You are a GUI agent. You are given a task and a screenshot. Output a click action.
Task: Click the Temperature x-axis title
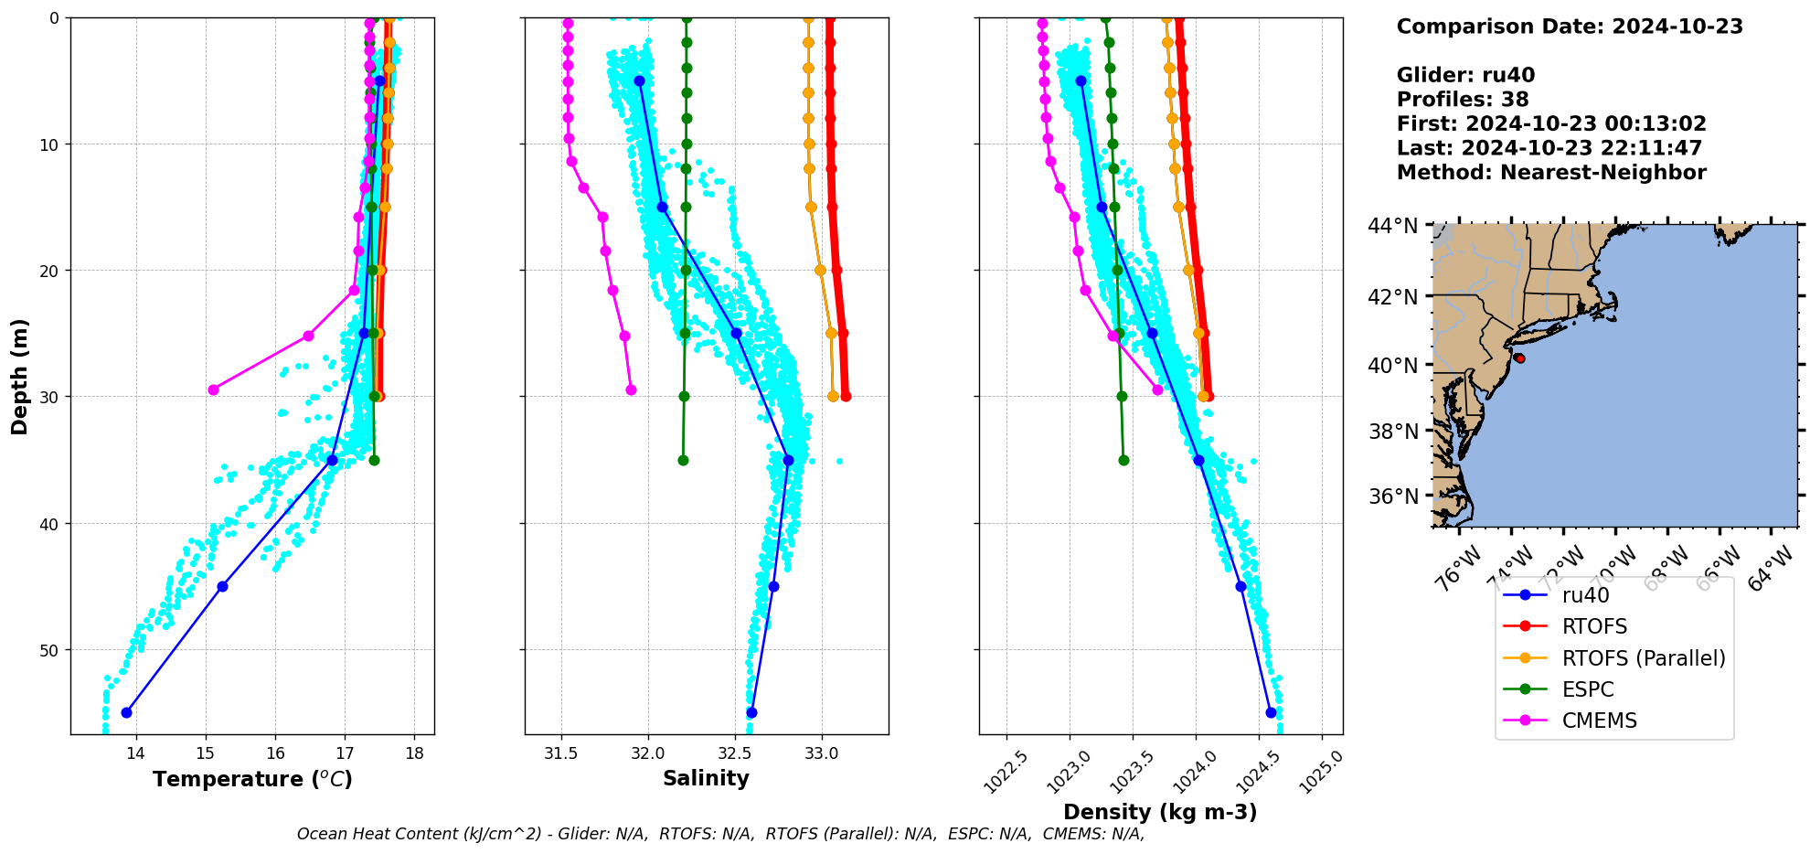(252, 779)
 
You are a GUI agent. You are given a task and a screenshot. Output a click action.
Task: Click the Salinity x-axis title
(706, 778)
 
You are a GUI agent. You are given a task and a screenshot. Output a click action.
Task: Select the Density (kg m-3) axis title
(1160, 812)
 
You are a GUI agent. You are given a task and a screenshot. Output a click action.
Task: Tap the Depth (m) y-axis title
(20, 376)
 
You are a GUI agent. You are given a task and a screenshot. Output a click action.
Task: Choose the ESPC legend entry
(1588, 689)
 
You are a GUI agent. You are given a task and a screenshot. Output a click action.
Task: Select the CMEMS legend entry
(1599, 721)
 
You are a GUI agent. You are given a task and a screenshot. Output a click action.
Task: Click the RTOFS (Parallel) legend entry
(1644, 658)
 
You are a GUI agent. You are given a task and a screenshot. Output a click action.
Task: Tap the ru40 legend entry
(1585, 595)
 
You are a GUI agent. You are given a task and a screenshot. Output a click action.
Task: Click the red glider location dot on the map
(1519, 358)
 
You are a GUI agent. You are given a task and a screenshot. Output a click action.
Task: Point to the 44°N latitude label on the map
(1393, 225)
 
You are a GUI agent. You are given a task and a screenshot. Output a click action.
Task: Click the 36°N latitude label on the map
(1393, 496)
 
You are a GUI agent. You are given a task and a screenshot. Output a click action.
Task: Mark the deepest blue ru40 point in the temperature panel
(126, 712)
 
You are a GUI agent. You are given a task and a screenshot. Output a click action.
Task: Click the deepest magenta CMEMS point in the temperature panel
(213, 390)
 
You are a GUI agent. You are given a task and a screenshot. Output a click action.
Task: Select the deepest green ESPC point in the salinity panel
(683, 460)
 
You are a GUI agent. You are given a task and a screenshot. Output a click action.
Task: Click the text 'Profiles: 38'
(1463, 100)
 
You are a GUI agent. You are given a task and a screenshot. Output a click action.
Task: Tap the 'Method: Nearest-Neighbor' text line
(1551, 172)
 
